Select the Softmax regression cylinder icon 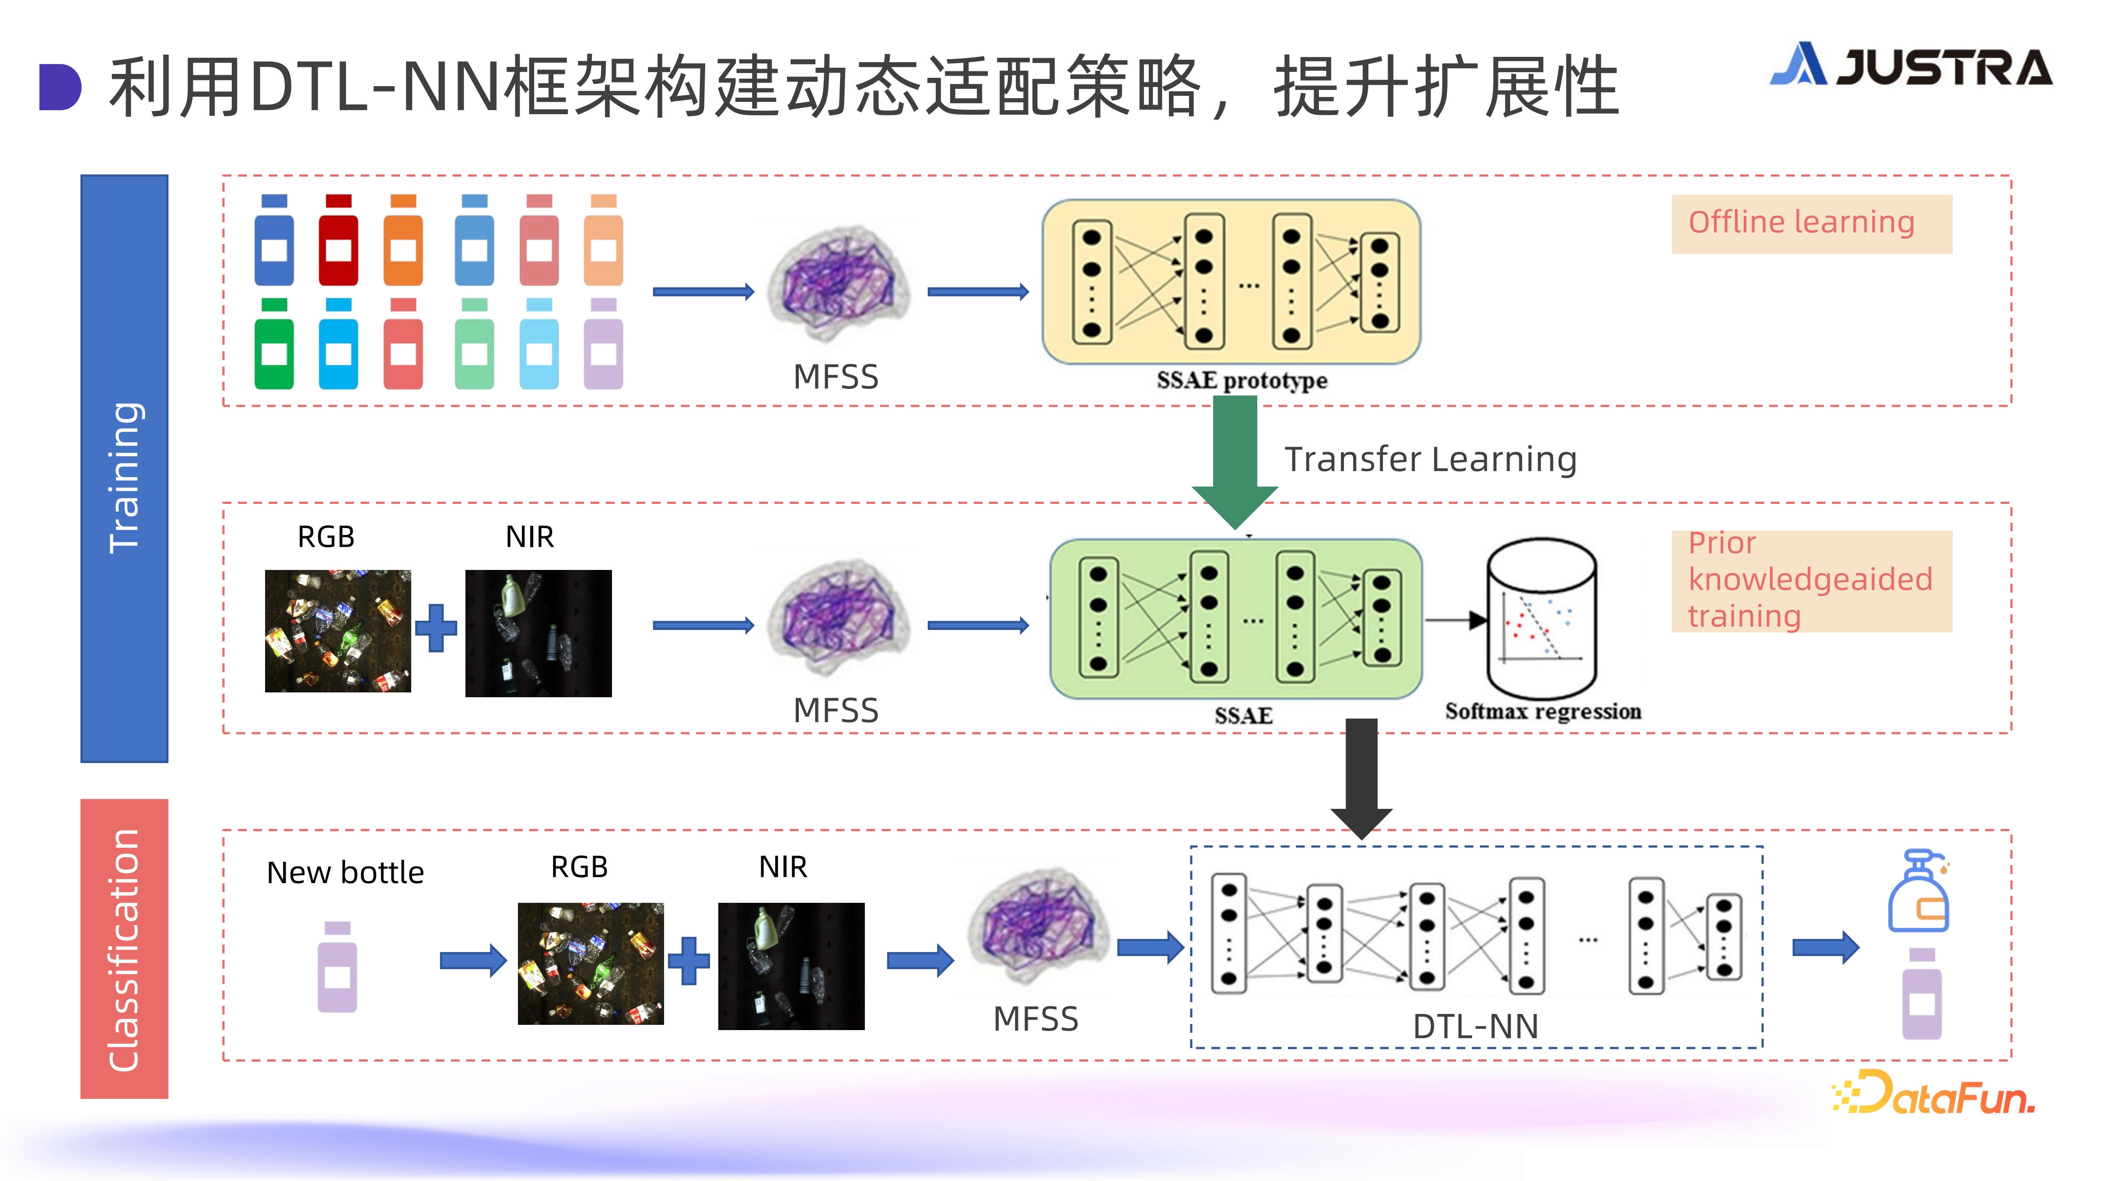(x=1542, y=618)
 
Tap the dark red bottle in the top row (x=338, y=240)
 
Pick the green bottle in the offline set (x=274, y=344)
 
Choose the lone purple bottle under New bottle (x=337, y=967)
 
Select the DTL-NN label (x=1475, y=1026)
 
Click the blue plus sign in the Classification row (x=689, y=961)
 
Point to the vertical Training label (x=125, y=478)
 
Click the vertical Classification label (x=125, y=949)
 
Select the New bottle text (x=345, y=873)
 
